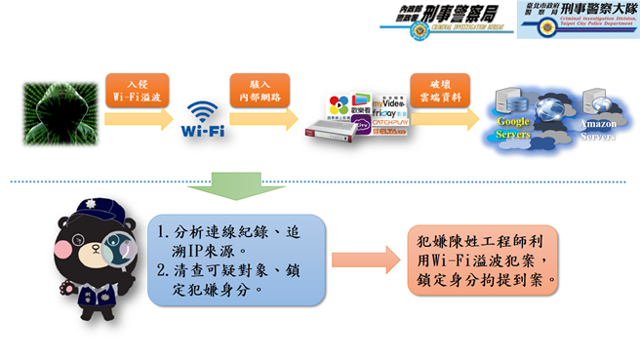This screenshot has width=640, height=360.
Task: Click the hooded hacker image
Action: [x=55, y=117]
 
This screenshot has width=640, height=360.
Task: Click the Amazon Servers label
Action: [x=598, y=131]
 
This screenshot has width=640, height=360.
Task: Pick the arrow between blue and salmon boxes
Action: [x=365, y=260]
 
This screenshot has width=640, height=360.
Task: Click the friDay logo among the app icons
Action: [x=382, y=112]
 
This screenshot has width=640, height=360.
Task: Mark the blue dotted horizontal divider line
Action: [x=322, y=181]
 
